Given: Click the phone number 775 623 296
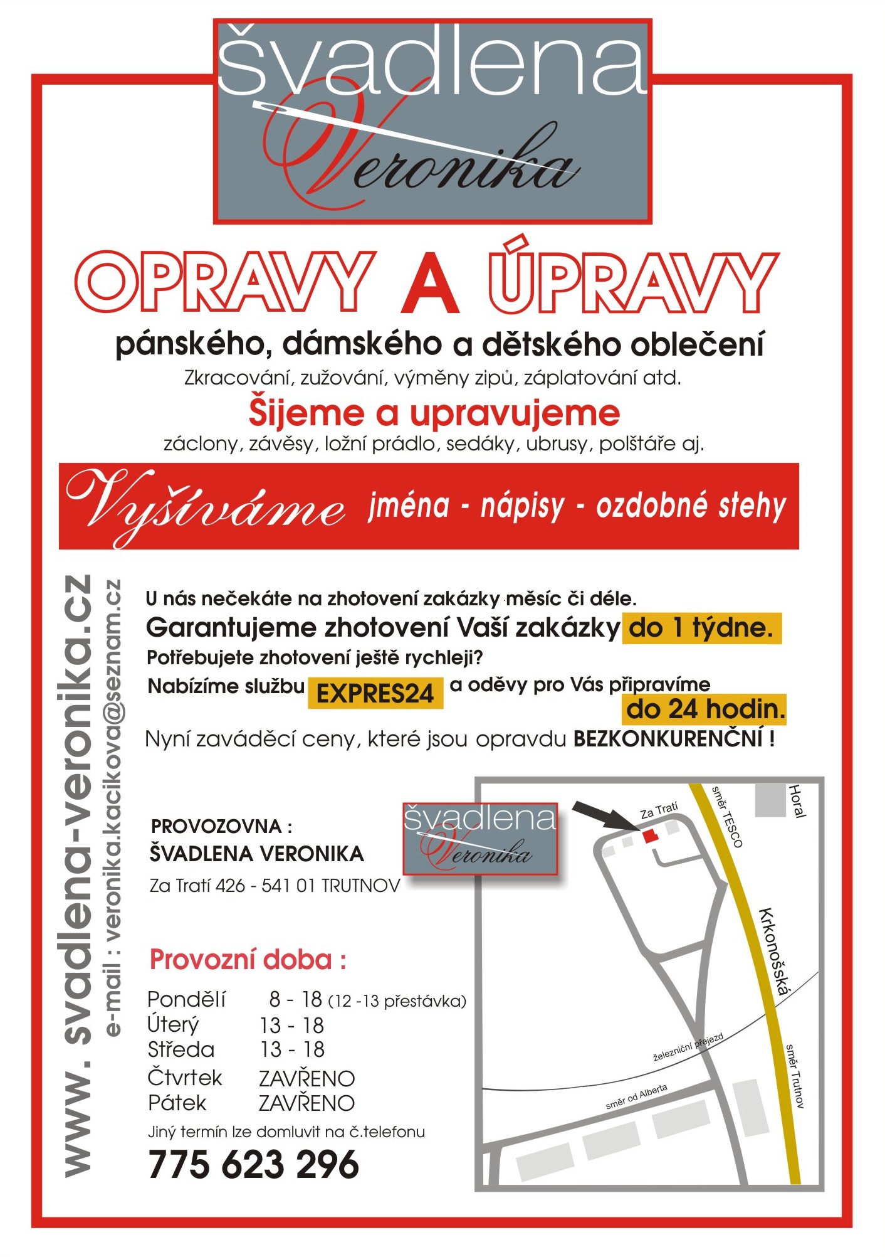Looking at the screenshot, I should click(253, 1165).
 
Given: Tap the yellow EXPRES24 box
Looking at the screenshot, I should click(375, 693).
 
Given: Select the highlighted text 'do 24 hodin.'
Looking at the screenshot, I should click(705, 709).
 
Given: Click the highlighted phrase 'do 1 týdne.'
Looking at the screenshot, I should click(701, 628).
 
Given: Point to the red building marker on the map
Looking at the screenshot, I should click(650, 836).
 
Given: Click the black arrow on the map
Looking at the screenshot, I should click(605, 816).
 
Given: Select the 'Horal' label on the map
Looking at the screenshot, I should click(796, 801).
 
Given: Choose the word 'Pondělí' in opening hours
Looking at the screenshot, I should click(186, 999).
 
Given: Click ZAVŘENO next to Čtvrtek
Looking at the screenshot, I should click(306, 1079).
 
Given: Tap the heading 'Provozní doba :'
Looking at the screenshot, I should click(248, 960).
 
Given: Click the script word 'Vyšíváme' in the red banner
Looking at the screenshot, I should click(207, 506).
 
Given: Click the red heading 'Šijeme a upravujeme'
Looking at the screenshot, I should click(434, 413).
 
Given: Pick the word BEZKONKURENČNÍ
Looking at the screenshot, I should click(668, 739).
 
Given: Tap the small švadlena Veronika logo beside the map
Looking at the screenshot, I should click(479, 838).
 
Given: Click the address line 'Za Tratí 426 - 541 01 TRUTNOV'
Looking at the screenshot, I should click(275, 886).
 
